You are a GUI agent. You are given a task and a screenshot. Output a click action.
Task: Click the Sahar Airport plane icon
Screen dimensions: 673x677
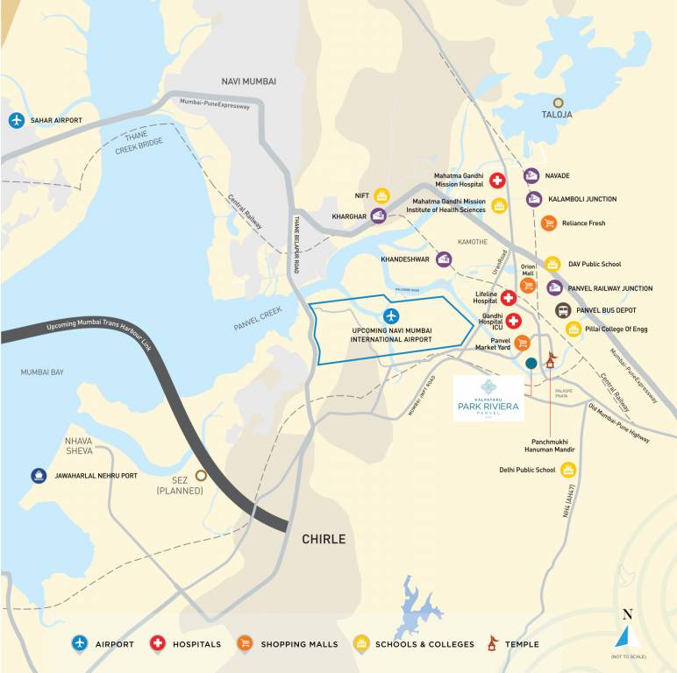coord(17,120)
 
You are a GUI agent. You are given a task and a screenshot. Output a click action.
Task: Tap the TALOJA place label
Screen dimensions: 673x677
coord(556,115)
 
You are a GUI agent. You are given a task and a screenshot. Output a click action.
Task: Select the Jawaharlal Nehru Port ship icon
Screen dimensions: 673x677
coord(39,475)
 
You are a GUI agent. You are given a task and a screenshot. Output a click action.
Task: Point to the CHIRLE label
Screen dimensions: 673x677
coord(324,539)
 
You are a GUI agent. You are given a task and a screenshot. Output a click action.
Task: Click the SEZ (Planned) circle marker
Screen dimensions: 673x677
coord(201,475)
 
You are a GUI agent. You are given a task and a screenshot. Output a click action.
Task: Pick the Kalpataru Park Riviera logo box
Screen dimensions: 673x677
coord(488,399)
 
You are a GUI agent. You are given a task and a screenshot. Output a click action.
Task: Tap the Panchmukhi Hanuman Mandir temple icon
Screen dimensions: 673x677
coord(551,359)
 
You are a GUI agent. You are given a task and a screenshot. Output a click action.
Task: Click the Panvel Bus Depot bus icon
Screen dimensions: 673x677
coord(562,310)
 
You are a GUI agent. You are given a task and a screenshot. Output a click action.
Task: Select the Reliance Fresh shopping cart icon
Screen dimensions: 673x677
coord(548,223)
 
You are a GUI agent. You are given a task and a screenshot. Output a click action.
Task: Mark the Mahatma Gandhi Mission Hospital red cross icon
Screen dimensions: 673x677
coord(497,181)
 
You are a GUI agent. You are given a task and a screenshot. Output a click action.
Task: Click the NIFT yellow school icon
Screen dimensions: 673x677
coord(381,195)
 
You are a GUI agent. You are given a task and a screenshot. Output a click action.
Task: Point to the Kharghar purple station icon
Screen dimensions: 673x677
coord(379,216)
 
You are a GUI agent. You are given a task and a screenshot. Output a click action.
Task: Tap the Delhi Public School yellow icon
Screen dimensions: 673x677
coord(570,471)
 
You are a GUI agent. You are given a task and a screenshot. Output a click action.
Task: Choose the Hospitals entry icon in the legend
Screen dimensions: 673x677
coord(158,644)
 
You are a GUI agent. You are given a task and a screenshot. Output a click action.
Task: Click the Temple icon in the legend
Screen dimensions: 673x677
coord(493,644)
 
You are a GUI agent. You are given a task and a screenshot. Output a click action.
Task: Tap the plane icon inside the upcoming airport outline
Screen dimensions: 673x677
coord(391,315)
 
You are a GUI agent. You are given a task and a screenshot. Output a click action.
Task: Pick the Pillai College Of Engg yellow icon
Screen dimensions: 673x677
coord(574,329)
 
